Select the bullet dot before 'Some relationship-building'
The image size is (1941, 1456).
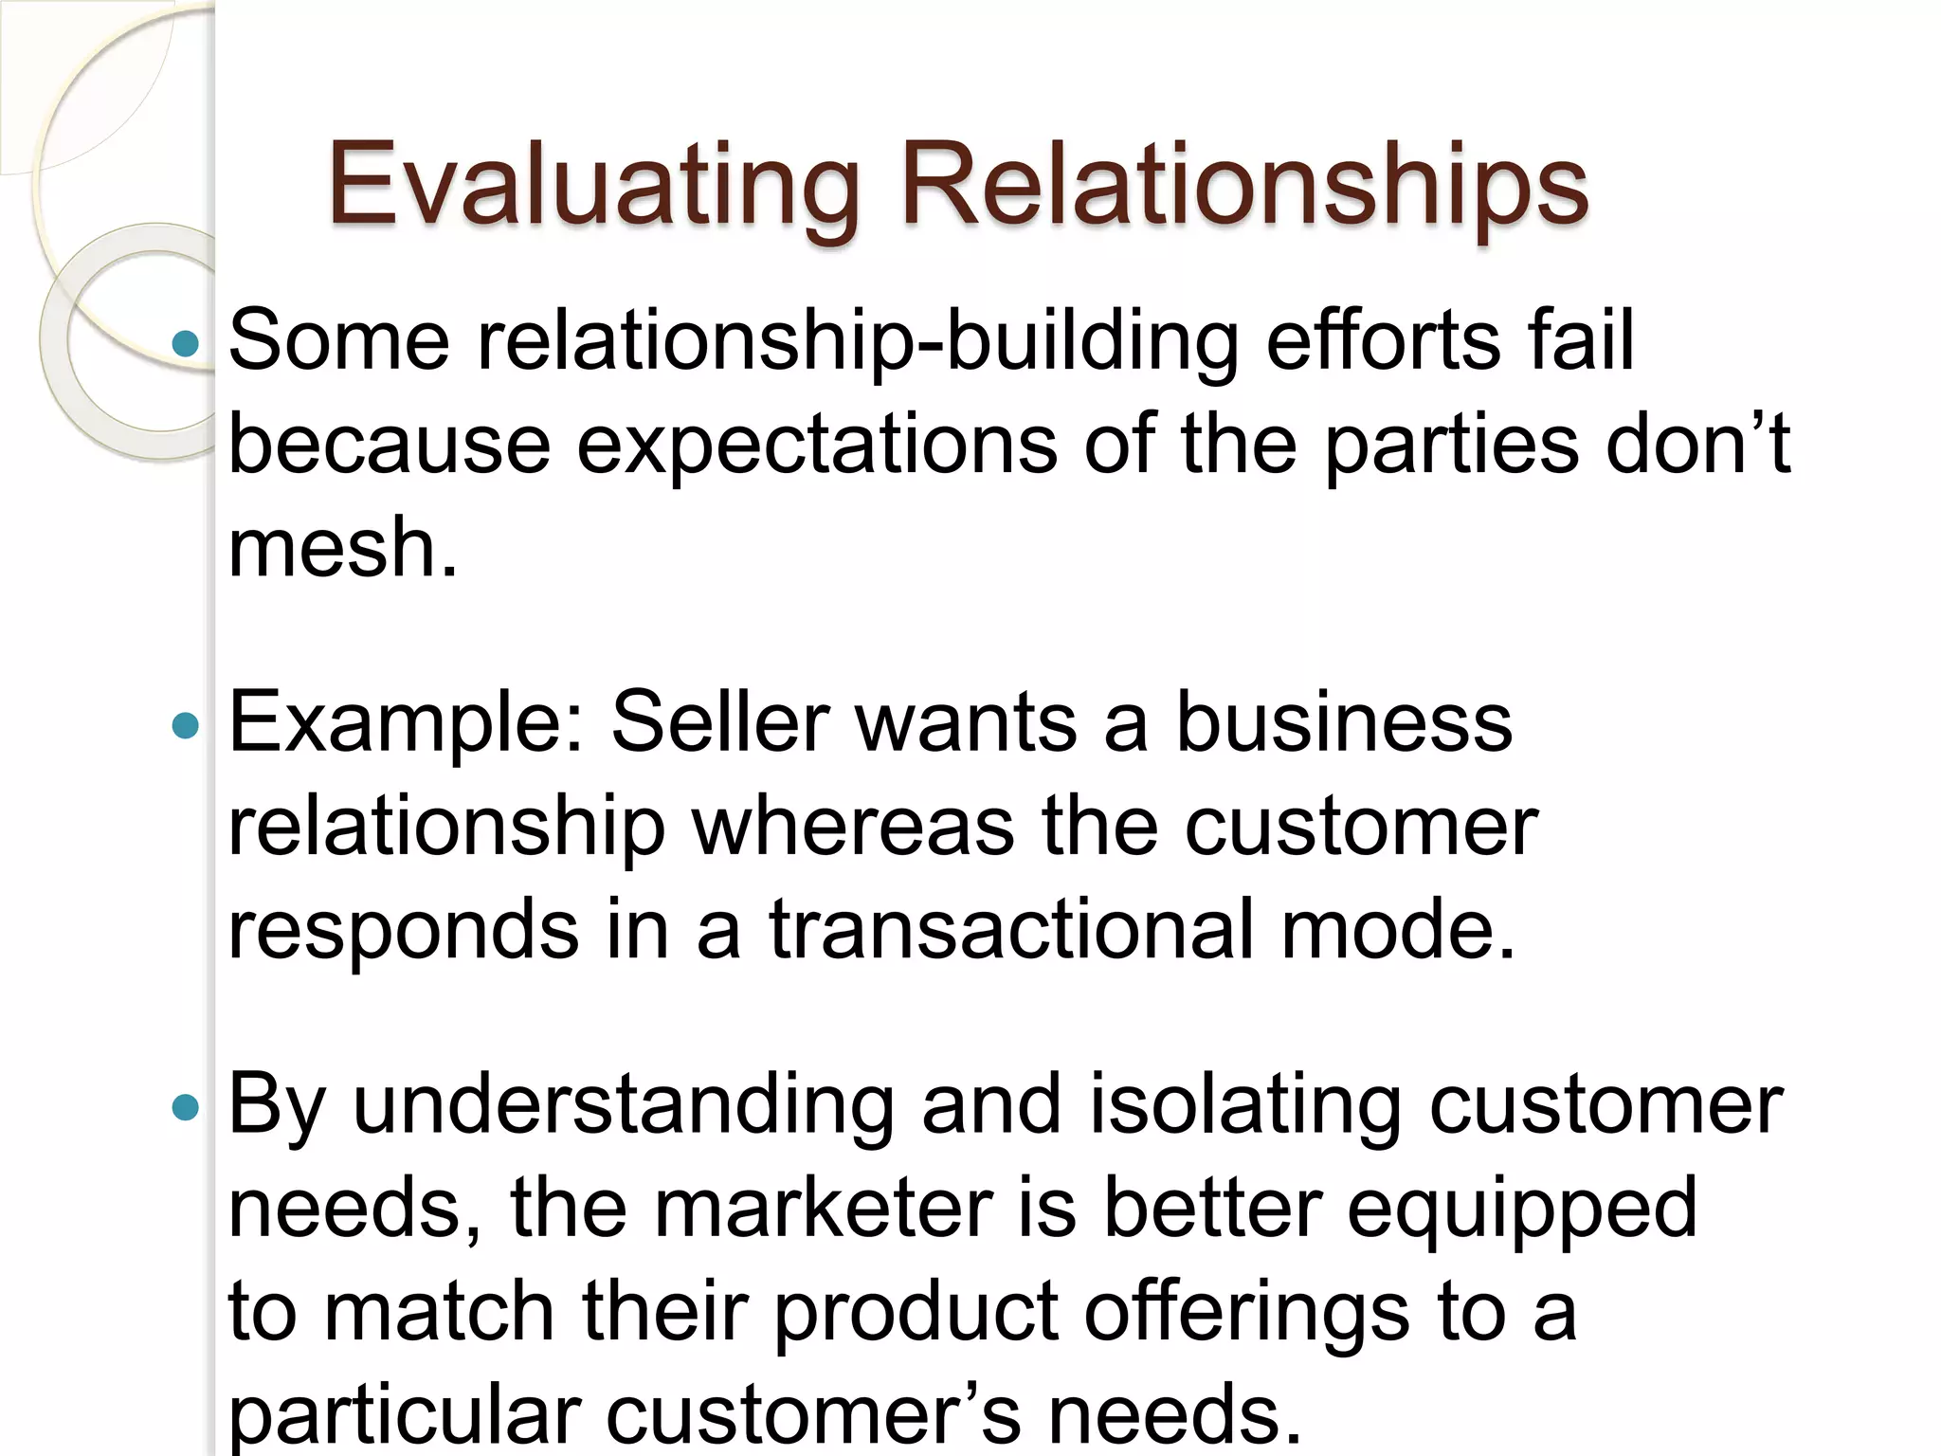(x=187, y=342)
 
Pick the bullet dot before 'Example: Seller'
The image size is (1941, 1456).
(x=187, y=726)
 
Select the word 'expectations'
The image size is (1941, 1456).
(x=817, y=446)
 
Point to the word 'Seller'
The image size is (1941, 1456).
(x=720, y=722)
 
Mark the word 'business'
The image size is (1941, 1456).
(x=1344, y=722)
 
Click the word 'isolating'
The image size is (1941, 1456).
(x=1244, y=1104)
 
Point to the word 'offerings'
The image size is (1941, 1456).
(x=1246, y=1314)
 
